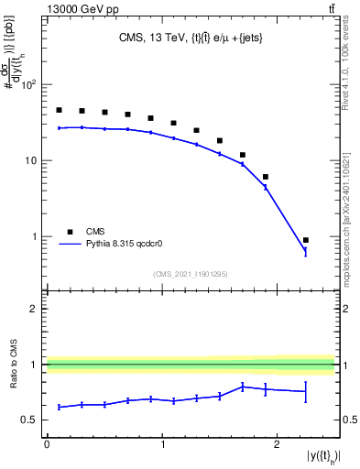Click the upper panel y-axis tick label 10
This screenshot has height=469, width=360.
[29, 161]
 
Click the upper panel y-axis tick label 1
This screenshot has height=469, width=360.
[34, 237]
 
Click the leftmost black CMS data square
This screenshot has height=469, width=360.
[59, 110]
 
